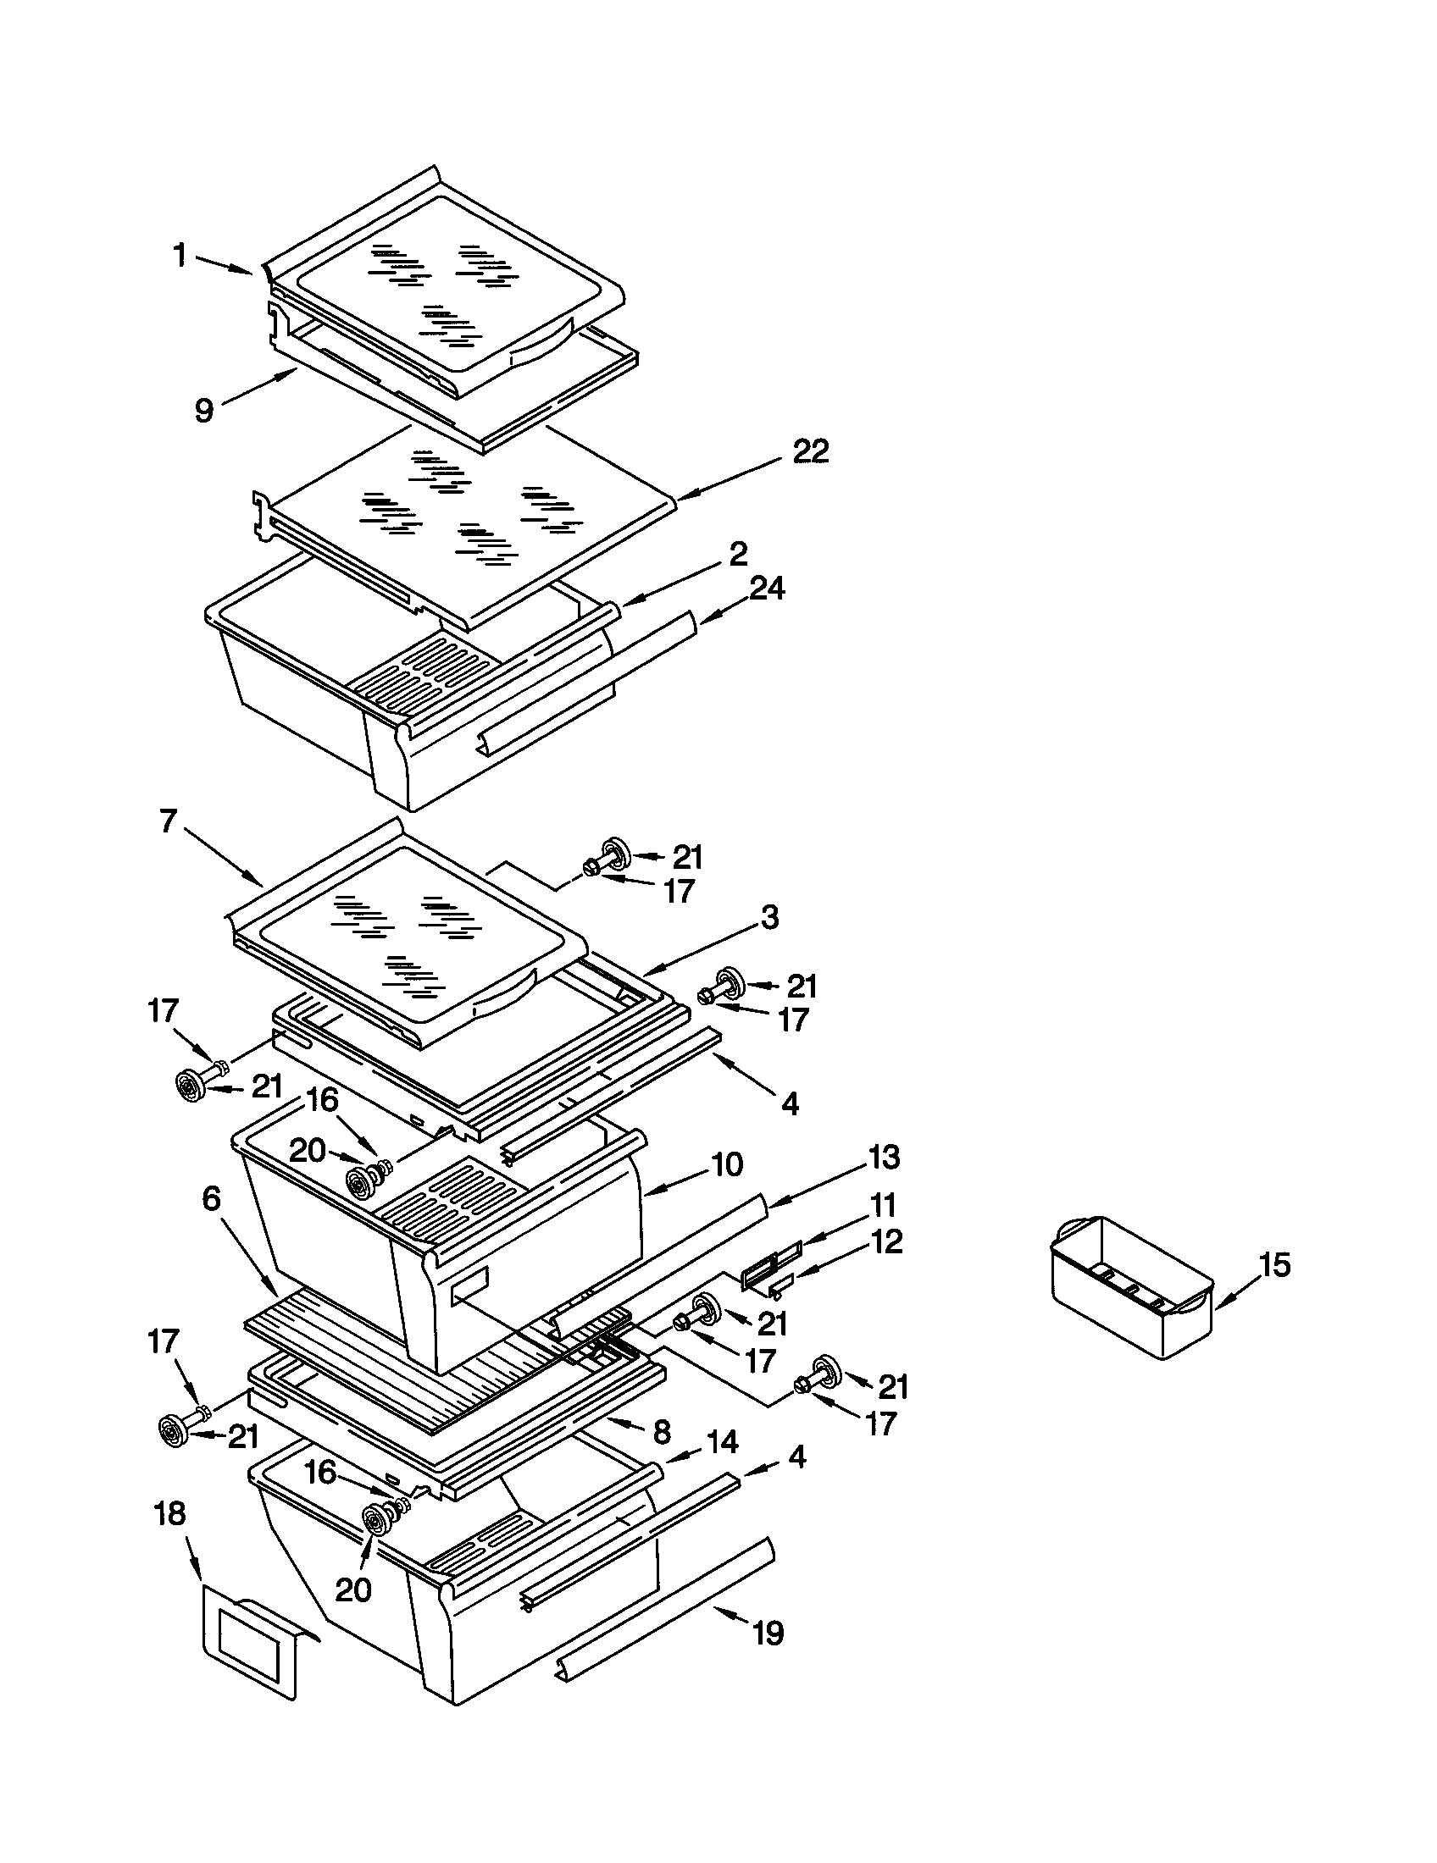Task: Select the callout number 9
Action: coord(203,411)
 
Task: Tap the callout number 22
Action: coord(810,451)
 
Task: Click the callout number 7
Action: coord(167,821)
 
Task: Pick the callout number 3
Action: coord(768,918)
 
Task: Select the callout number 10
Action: coord(727,1164)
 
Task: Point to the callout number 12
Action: coord(885,1241)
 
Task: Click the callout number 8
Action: coord(662,1431)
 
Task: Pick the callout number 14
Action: coord(722,1441)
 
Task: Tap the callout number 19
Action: coord(767,1634)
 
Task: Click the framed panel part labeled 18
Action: coord(252,1642)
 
